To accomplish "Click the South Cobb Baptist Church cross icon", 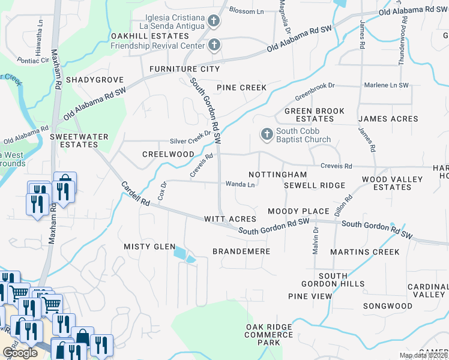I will [x=267, y=133].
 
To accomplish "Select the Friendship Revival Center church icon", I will [x=214, y=44].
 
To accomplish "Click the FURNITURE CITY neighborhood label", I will [x=184, y=69].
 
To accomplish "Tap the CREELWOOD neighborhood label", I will [x=168, y=154].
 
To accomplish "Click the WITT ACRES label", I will [x=230, y=219].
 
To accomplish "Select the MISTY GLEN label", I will [x=149, y=247].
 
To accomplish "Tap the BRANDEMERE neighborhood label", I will [x=241, y=251].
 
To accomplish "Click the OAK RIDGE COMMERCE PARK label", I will [x=268, y=334].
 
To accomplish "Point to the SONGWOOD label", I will [x=387, y=306].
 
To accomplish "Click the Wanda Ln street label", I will [x=240, y=184].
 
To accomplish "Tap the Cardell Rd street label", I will [x=135, y=194].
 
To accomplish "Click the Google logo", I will [x=19, y=353].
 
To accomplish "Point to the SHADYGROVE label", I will [x=94, y=80].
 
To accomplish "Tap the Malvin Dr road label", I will [x=315, y=237].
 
